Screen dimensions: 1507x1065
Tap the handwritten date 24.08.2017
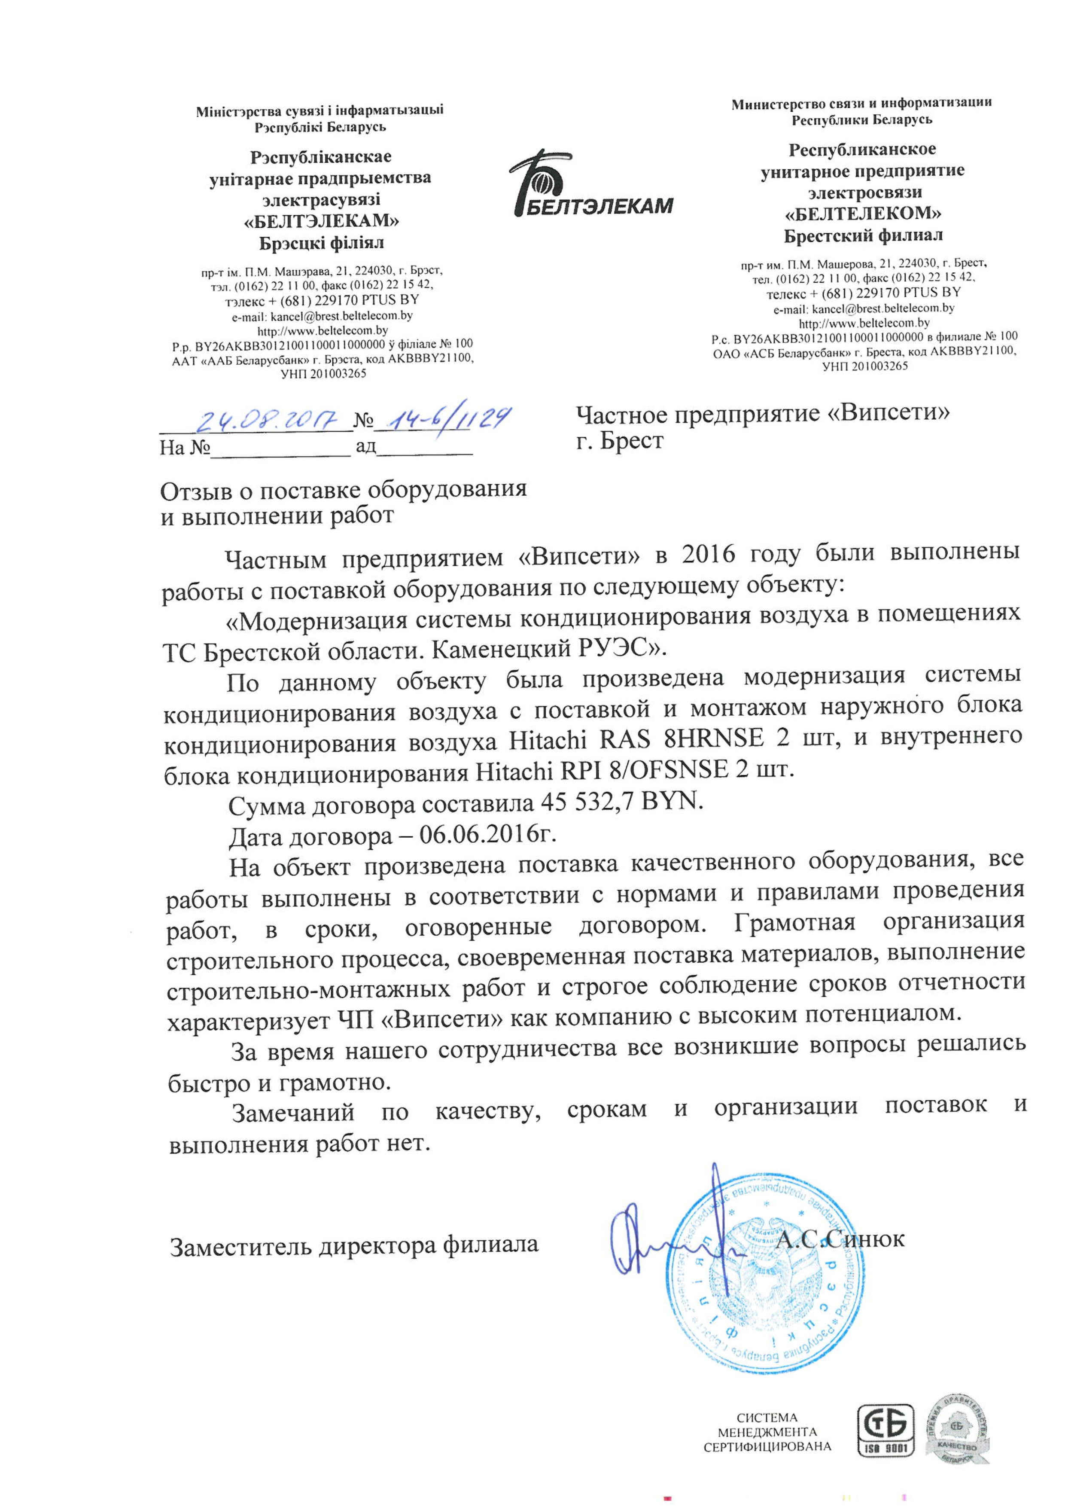coord(269,418)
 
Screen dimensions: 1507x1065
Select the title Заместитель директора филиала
coord(354,1245)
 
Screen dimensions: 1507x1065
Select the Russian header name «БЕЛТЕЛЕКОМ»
coord(863,214)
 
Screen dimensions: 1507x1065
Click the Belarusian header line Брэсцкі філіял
coord(322,244)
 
